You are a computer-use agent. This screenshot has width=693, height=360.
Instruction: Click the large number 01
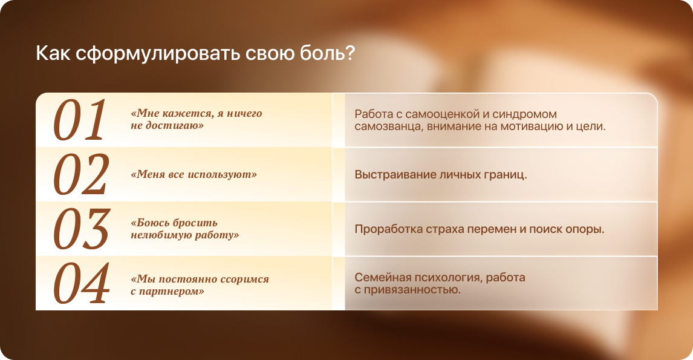tap(80, 120)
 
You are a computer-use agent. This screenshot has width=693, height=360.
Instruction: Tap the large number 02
tap(81, 175)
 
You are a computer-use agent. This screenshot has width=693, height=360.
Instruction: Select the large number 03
tap(82, 229)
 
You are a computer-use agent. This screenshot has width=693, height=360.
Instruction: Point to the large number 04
tap(82, 284)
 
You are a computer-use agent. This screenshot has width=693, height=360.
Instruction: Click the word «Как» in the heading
tap(53, 53)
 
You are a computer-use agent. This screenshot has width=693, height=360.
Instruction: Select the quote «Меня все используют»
tap(194, 174)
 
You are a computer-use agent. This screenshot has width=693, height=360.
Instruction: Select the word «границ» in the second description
tap(503, 175)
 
